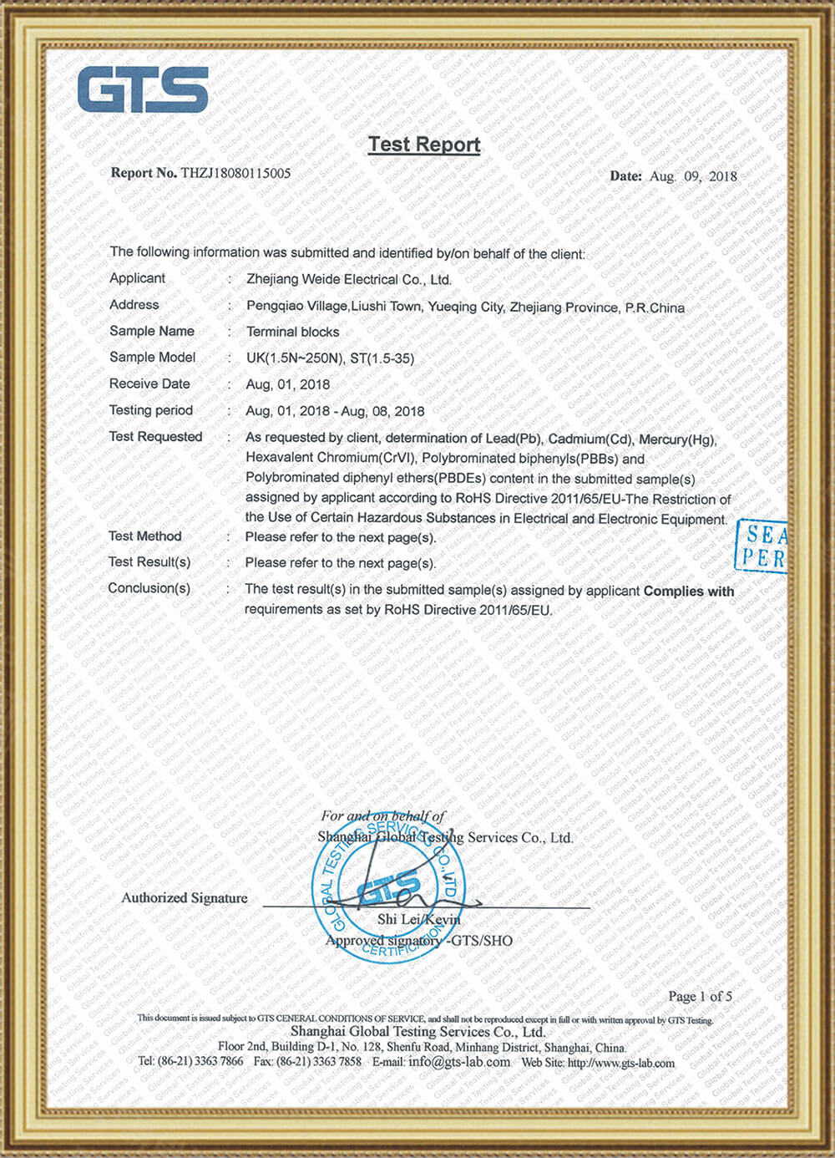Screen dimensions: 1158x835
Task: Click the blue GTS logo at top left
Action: [143, 89]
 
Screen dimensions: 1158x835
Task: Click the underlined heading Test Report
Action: [424, 145]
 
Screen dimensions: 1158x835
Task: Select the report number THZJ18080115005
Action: [235, 173]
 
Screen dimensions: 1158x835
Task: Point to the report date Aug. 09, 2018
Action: [694, 176]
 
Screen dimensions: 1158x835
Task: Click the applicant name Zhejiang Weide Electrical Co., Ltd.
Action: [348, 280]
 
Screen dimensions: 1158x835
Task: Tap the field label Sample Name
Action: [152, 331]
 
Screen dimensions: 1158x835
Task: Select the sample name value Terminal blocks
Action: [292, 332]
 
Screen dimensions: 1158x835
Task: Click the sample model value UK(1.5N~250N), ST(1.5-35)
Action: [330, 358]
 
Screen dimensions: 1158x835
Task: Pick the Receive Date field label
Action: [149, 383]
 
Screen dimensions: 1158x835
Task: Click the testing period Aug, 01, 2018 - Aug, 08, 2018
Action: [335, 411]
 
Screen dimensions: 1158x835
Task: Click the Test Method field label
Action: [145, 536]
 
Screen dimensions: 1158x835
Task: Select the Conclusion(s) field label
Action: [149, 588]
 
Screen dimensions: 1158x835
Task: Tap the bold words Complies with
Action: [689, 591]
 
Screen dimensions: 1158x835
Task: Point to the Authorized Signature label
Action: [185, 898]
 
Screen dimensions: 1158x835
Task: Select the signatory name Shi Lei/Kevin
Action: [418, 919]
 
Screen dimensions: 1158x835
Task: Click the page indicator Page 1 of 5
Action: [700, 996]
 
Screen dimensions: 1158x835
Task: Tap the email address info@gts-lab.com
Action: [459, 1062]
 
